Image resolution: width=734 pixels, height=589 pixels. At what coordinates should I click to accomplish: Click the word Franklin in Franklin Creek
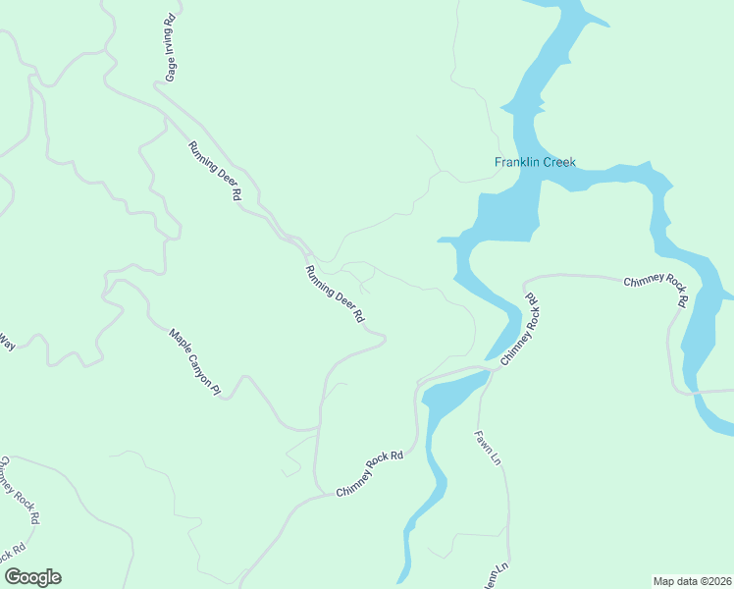coord(517,162)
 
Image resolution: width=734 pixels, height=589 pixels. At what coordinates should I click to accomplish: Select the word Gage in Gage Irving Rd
coord(171,70)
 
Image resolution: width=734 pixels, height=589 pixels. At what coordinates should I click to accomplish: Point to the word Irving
coord(170,41)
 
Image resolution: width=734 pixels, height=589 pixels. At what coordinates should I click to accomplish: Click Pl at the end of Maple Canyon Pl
coord(216,391)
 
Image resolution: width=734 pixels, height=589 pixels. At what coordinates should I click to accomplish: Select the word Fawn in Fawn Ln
coord(483,441)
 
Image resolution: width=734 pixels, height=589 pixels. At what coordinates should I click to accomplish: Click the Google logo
coord(32,577)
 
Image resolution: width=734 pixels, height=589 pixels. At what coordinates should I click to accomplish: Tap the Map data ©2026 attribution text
coord(692,581)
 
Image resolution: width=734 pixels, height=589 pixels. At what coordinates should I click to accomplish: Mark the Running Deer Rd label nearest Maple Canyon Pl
coord(335,294)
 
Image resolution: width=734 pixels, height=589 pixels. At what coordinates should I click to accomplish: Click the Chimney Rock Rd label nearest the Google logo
coord(20,489)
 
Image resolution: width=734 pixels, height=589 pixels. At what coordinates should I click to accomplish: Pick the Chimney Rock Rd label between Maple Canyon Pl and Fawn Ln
coord(370,473)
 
